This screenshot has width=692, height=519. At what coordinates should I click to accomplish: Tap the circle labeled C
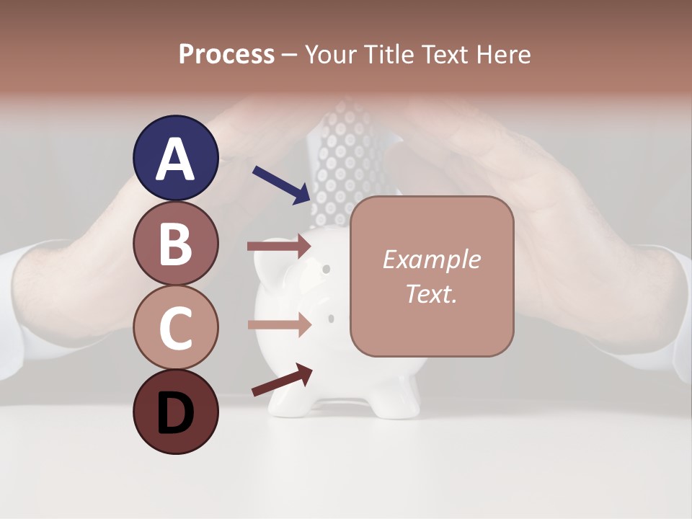(x=176, y=327)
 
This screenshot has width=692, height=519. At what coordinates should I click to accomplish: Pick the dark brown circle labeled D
(x=176, y=412)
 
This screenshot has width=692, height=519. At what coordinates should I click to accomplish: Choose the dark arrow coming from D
(x=282, y=380)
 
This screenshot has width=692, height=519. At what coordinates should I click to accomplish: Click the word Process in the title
(x=226, y=54)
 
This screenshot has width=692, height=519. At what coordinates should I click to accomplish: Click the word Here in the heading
(x=503, y=54)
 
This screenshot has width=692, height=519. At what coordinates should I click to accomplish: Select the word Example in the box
(x=431, y=259)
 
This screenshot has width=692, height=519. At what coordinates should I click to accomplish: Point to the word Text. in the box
(x=431, y=293)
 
